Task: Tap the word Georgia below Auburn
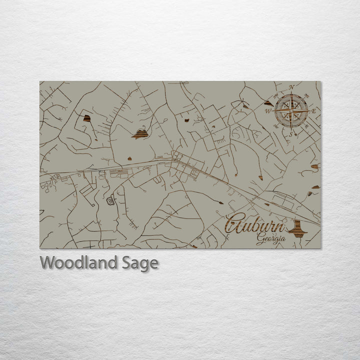pos(271,238)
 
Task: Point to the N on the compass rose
pos(292,87)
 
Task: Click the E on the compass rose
pos(314,111)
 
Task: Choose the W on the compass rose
pos(268,110)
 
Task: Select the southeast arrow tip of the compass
pos(303,123)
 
